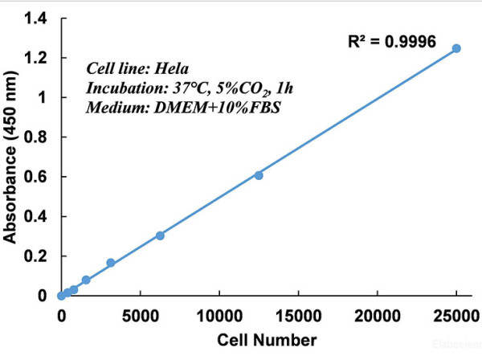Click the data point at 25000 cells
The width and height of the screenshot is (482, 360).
tap(456, 48)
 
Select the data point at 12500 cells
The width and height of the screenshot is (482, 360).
tap(259, 175)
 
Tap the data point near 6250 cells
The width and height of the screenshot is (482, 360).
tap(160, 235)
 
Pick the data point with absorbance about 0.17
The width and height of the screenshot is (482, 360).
tap(111, 263)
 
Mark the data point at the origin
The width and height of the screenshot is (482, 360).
tap(61, 296)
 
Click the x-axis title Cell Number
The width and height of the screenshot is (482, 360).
tap(259, 340)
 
